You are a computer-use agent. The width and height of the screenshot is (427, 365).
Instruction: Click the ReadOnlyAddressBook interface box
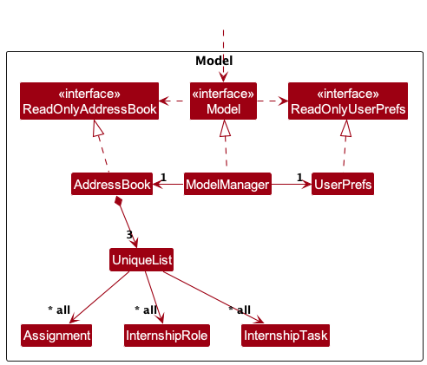point(89,101)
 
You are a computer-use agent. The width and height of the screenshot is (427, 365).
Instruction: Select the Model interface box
point(223,101)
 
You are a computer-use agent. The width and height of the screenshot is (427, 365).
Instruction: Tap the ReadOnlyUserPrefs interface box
point(348,101)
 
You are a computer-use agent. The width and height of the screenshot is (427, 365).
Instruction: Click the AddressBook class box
point(112,184)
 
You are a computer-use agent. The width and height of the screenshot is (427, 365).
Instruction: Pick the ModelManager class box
point(227,184)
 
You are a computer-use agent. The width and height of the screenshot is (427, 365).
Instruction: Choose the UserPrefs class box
point(343,184)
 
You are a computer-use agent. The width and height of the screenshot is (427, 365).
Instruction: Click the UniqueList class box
point(141,259)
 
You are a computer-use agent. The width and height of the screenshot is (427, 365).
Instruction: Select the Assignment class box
point(56,336)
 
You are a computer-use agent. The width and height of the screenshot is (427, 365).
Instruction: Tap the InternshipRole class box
point(167,336)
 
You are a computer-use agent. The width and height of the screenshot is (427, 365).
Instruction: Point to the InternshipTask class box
point(286,336)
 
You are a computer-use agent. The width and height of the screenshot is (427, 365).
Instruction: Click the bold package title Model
point(214,61)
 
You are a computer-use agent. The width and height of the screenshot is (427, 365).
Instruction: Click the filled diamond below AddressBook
point(118,201)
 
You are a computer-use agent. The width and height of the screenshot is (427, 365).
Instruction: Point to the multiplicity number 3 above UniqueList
point(129,234)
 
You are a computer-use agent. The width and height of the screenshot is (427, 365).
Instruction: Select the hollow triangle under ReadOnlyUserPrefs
point(346,128)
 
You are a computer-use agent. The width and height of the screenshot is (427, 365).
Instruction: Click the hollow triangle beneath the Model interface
point(225,128)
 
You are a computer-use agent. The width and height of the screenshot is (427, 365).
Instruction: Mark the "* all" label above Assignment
point(59,310)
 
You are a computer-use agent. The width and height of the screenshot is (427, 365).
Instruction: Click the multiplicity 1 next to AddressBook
point(163,177)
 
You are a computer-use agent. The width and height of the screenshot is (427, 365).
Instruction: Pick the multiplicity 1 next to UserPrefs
point(299,177)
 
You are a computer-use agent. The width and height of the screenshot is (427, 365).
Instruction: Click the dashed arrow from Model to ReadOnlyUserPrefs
point(273,101)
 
